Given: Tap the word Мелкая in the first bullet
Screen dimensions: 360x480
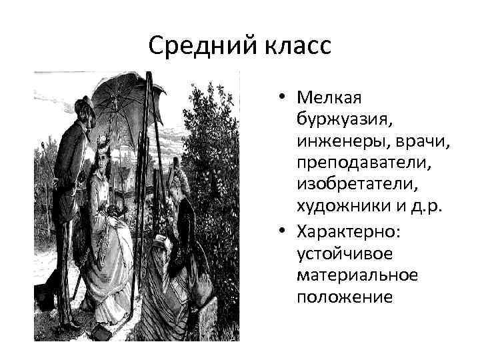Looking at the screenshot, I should [x=329, y=99].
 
